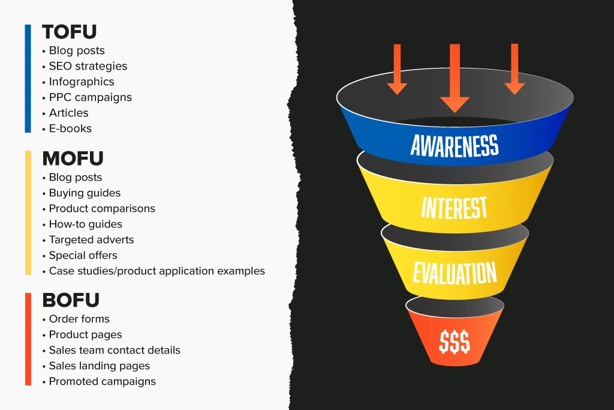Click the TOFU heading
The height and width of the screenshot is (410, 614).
coord(70,32)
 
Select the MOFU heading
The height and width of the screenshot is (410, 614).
coord(73,158)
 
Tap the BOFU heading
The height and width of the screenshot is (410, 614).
coord(71,300)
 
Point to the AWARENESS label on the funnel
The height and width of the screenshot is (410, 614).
coord(455,145)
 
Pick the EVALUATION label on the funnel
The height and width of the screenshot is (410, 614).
coord(455,273)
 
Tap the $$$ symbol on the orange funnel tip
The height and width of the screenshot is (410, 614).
coord(455,342)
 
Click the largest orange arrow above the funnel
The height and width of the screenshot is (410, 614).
coord(455,78)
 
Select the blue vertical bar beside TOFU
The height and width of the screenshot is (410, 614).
coord(28,78)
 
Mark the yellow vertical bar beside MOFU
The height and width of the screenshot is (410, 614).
coord(28,213)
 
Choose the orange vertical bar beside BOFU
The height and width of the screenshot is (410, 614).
coord(28,339)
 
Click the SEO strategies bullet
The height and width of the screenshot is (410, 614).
coord(88,66)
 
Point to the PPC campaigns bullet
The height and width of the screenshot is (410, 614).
coord(90,97)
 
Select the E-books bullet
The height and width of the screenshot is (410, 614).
coord(70,128)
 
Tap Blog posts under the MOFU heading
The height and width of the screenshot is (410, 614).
coord(75,178)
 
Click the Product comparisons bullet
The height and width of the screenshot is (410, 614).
coord(102,209)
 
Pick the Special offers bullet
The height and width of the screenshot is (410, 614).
coord(83,256)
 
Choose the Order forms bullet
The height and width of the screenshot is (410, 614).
coord(79,319)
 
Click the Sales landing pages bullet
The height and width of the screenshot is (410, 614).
coord(99,366)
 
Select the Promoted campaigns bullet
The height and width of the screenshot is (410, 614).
coord(102,381)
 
